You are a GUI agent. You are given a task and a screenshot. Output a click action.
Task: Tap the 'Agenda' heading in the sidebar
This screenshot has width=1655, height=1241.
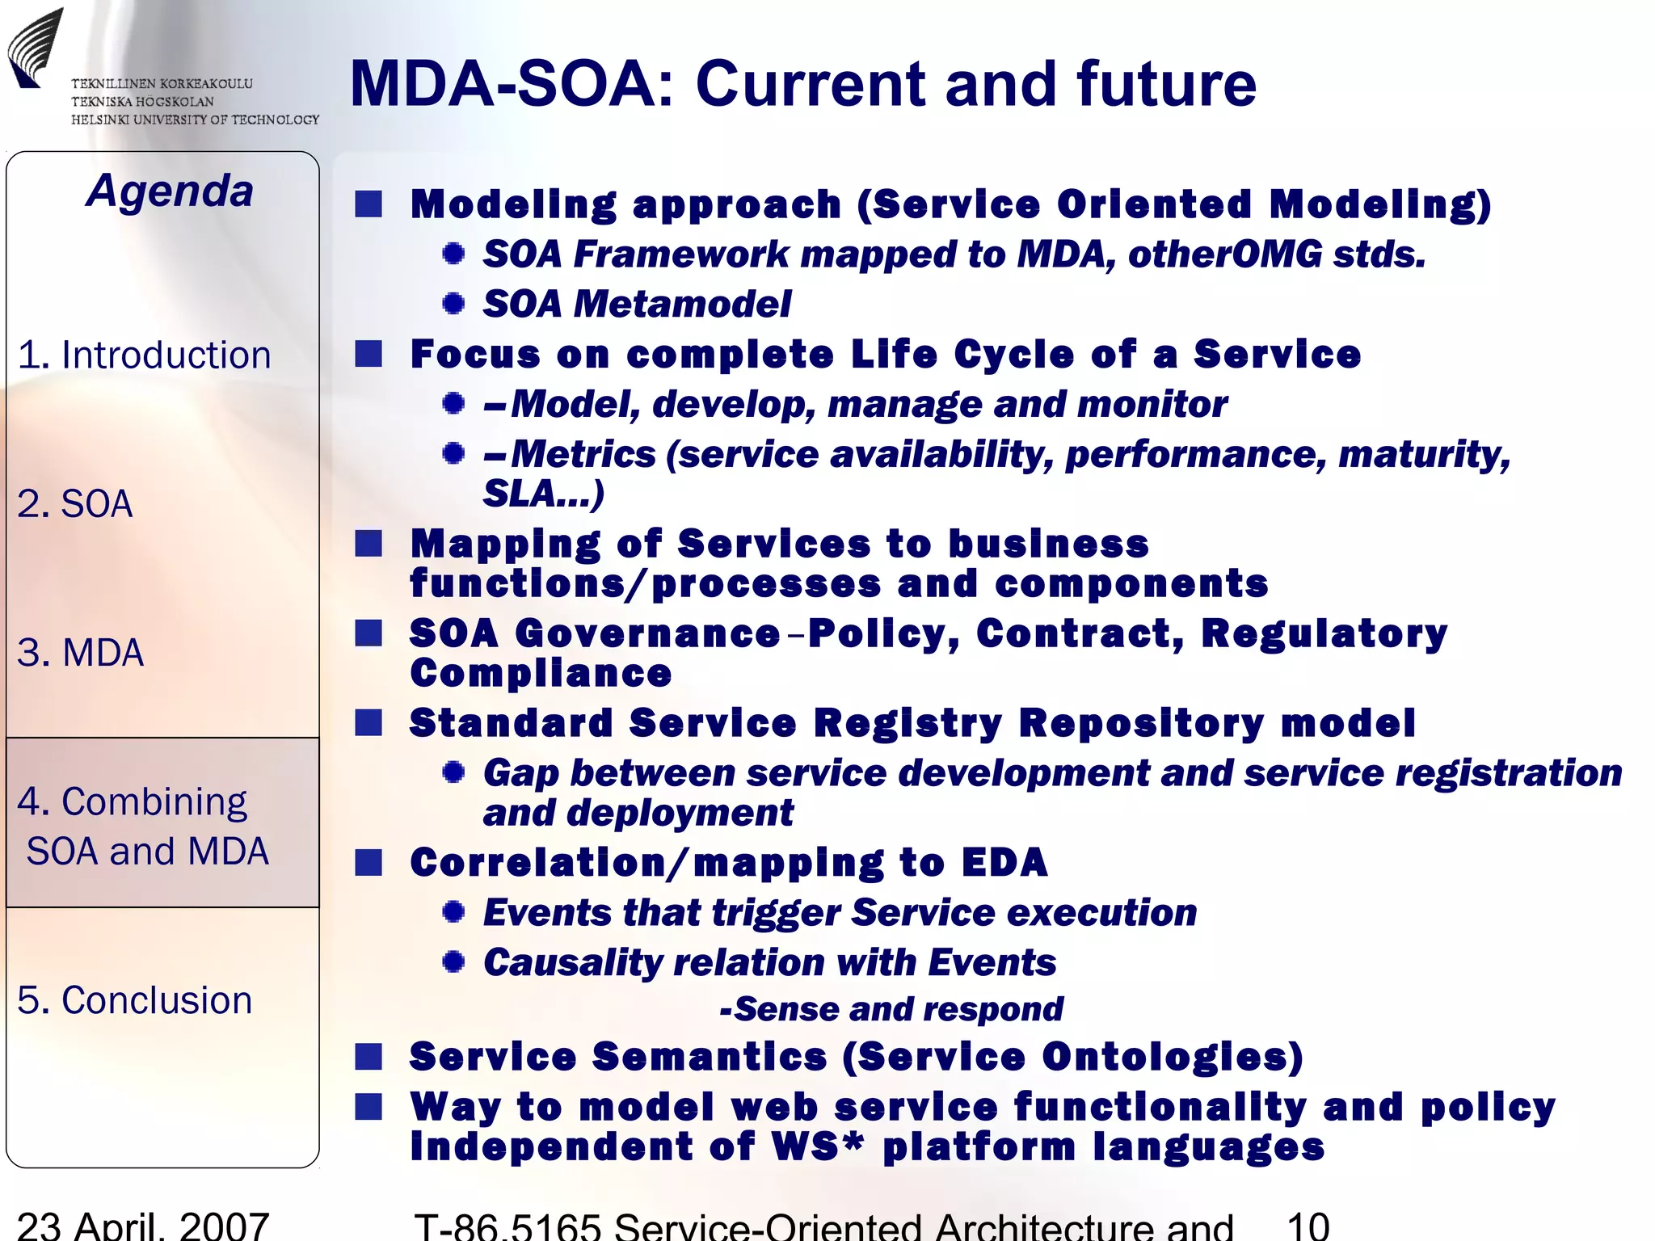(x=170, y=191)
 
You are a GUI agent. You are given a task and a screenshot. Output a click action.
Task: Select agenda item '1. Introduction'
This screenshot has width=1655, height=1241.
(x=144, y=355)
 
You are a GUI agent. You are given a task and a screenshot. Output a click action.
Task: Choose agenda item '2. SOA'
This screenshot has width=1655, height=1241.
(x=74, y=504)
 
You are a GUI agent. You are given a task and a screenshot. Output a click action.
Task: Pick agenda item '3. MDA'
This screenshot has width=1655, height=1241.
(x=80, y=653)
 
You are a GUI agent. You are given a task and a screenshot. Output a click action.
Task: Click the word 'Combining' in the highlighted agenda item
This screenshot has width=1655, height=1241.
(x=154, y=802)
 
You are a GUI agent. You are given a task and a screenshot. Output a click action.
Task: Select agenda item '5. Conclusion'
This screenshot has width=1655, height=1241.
(x=134, y=1000)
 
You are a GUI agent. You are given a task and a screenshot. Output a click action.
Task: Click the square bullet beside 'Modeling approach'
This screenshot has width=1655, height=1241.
(x=368, y=204)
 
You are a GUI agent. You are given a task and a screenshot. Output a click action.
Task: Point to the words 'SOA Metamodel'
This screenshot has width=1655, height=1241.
(x=637, y=305)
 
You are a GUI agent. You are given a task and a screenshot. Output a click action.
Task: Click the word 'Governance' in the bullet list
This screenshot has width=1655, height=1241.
(x=647, y=633)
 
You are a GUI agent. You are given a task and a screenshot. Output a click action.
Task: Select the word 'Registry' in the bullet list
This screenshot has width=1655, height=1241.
(x=908, y=723)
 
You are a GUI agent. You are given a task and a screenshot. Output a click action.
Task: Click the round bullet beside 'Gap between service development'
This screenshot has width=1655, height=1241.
(x=453, y=772)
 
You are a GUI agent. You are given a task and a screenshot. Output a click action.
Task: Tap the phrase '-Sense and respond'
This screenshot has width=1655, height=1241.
(x=891, y=1009)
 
